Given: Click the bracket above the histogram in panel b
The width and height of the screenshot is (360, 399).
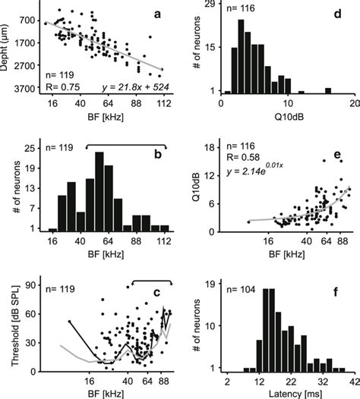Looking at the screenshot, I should tap(128, 143).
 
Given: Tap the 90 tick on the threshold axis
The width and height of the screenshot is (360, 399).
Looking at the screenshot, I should tap(33, 285).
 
